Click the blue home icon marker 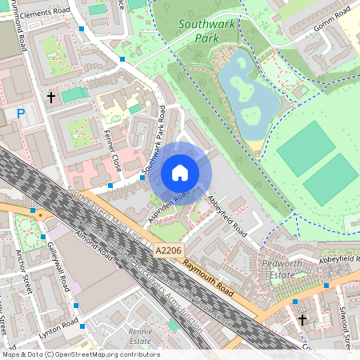pyautogui.click(x=180, y=173)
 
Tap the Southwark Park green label pyautogui.click(x=207, y=30)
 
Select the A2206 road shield pyautogui.click(x=168, y=251)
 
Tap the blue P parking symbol pyautogui.click(x=21, y=114)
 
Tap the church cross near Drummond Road pyautogui.click(x=52, y=97)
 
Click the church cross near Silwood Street pyautogui.click(x=302, y=320)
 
